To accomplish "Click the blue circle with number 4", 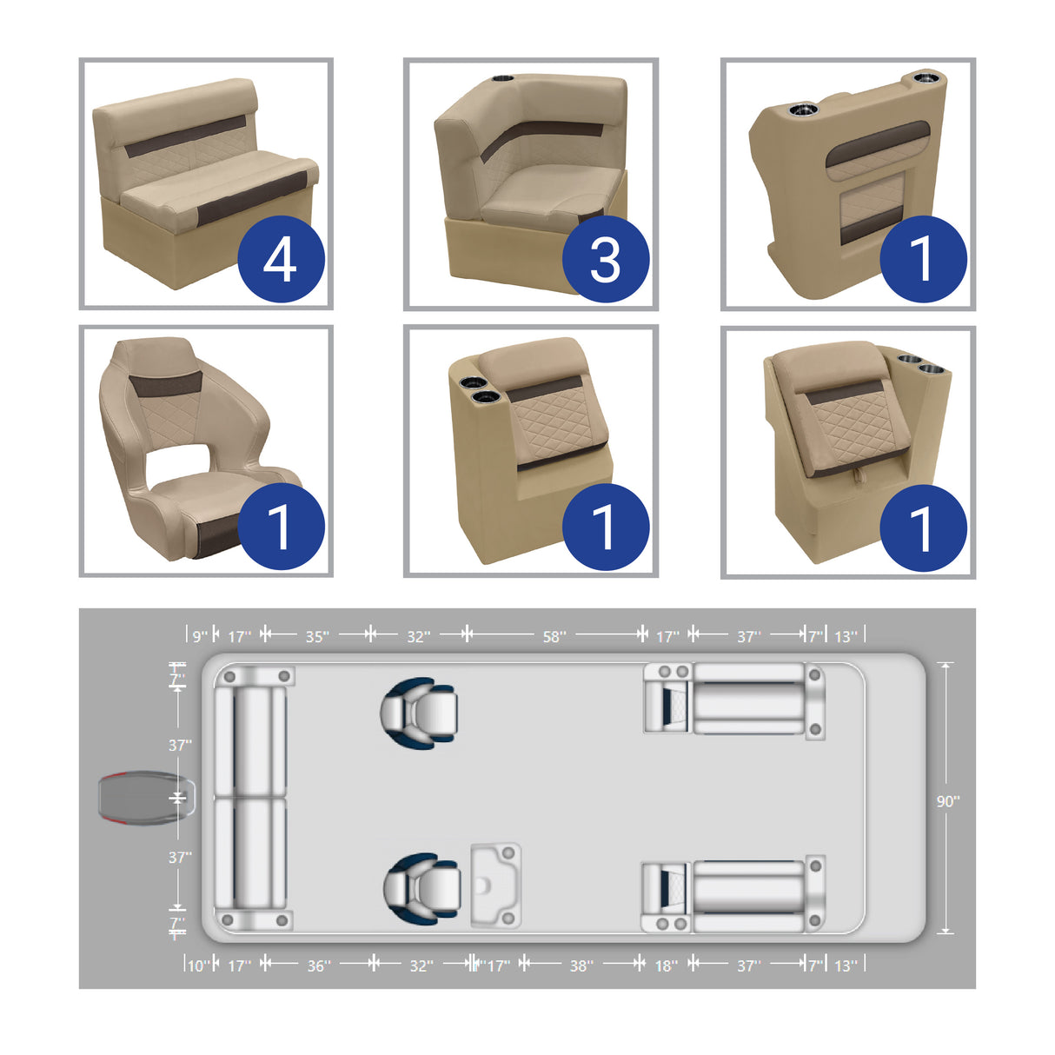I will click(281, 260).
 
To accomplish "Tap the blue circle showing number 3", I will click(606, 260).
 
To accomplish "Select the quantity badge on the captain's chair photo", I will click(281, 527).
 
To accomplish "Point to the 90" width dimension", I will click(947, 801).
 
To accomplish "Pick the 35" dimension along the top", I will click(317, 637).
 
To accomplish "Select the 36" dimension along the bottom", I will click(319, 965).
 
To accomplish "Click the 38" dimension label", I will click(581, 965).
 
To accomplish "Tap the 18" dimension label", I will click(666, 965).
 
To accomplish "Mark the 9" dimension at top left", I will click(200, 637).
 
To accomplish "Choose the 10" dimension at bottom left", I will click(197, 965).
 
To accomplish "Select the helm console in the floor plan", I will click(496, 885).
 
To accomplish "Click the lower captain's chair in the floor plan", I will click(421, 888).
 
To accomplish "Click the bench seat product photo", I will click(206, 183).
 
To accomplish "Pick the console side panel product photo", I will click(847, 183).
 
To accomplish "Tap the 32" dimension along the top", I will click(418, 637).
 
